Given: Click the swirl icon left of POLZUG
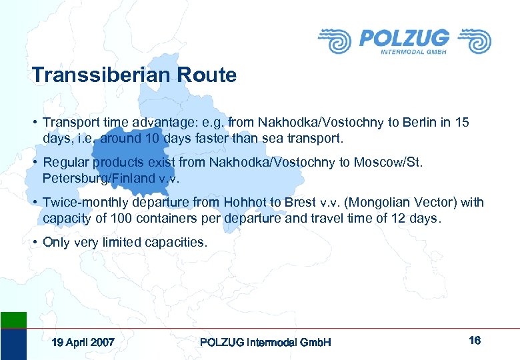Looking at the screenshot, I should [x=335, y=41].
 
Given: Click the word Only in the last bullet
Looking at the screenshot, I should [x=55, y=243].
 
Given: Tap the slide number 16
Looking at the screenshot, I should [x=475, y=341].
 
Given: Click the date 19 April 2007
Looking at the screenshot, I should [x=83, y=342].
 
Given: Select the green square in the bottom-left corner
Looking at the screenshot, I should [x=13, y=319].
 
